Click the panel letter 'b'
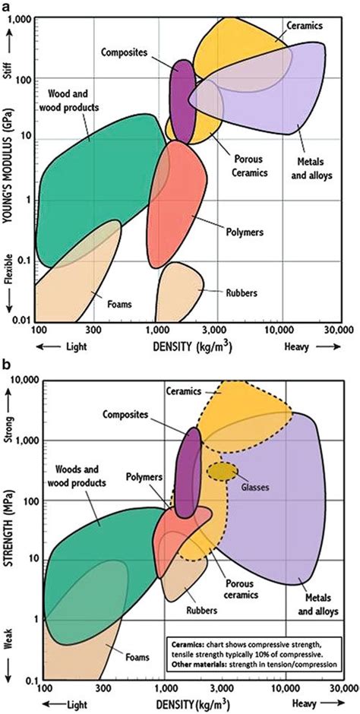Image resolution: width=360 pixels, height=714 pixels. (8, 365)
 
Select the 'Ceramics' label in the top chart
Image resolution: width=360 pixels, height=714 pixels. (305, 25)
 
